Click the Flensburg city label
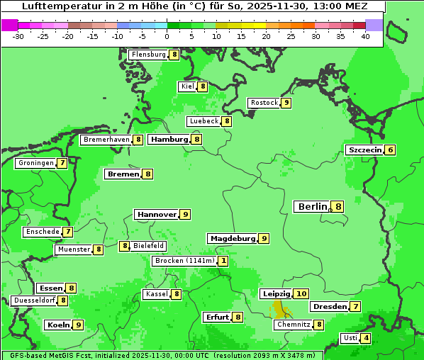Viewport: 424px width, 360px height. [148, 55]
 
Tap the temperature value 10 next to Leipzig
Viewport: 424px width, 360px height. [301, 294]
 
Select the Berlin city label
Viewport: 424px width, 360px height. [313, 207]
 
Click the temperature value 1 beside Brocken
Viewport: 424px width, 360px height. [223, 261]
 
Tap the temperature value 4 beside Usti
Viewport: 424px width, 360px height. [366, 338]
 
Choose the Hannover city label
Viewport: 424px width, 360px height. [156, 214]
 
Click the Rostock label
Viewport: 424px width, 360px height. [264, 103]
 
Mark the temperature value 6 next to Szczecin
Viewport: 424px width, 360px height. [390, 150]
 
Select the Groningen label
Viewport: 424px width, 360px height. [36, 163]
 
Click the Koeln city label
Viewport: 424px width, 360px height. [57, 325]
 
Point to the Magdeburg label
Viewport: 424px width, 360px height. [232, 239]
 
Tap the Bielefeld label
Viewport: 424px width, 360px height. [149, 246]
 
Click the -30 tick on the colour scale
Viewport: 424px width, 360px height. [18, 35]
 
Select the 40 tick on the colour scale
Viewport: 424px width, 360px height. [365, 35]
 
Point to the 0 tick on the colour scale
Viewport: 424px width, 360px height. [167, 35]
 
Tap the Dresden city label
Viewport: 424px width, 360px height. [329, 307]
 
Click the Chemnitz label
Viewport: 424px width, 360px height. [293, 325]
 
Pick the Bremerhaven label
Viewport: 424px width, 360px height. [106, 140]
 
